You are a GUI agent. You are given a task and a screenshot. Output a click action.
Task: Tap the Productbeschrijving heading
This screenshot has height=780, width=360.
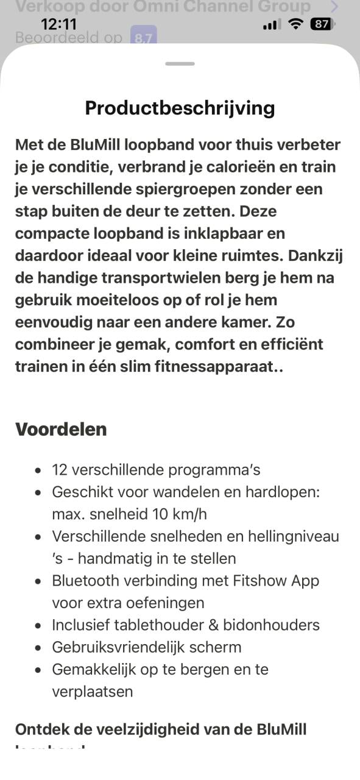point(180,108)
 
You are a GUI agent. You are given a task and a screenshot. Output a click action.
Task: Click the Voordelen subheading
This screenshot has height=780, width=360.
point(61,429)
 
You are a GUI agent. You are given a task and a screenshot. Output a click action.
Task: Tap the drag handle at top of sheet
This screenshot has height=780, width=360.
point(180,63)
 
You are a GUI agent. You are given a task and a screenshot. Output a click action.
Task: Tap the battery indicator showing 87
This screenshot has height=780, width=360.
point(320,24)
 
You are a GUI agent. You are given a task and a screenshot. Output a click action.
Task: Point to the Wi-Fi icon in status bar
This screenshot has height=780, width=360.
point(296,24)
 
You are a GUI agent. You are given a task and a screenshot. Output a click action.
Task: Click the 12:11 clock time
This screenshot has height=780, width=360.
point(58,24)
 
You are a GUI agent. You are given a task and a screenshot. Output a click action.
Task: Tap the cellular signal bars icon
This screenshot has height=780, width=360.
point(272,25)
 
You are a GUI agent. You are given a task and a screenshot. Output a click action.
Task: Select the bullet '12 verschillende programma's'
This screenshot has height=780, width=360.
point(156,470)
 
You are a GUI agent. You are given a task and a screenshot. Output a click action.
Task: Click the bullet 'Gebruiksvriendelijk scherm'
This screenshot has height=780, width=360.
point(146,647)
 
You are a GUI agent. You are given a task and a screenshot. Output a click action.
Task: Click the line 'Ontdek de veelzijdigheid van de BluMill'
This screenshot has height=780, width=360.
point(161,729)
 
